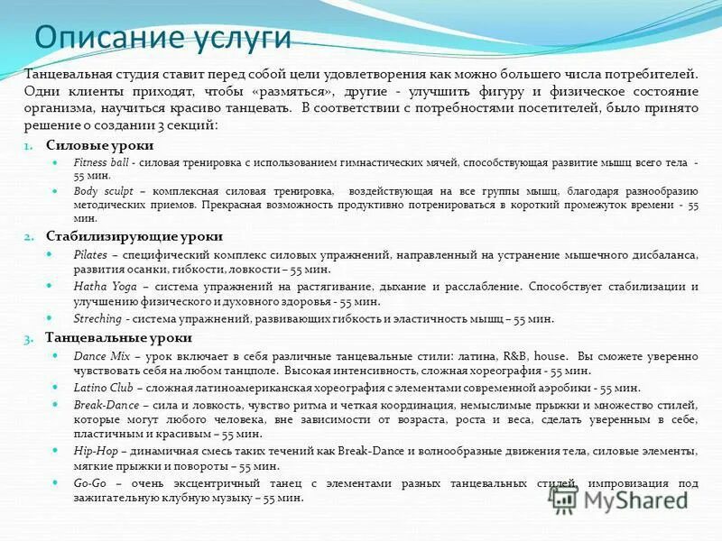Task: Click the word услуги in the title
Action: (x=242, y=39)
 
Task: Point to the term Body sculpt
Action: (x=98, y=191)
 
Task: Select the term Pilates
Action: (x=89, y=255)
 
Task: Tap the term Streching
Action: (x=97, y=318)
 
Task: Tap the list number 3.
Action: (x=28, y=338)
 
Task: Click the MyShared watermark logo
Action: (x=623, y=499)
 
